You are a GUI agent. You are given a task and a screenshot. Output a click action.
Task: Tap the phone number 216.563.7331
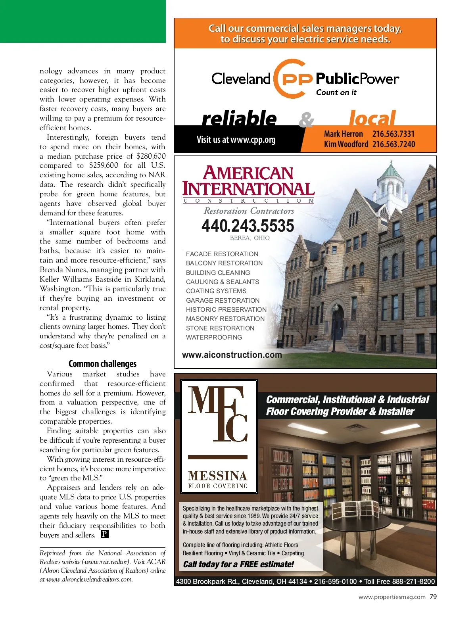point(393,134)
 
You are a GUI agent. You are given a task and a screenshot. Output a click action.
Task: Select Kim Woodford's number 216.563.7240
point(393,144)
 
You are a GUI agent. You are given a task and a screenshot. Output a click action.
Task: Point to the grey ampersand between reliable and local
point(306,119)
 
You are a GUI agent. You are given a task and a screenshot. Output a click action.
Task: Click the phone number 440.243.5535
point(248,226)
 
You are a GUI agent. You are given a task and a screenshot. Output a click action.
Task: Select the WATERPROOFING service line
point(214,337)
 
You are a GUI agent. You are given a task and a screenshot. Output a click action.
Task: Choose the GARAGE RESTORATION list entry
point(223,300)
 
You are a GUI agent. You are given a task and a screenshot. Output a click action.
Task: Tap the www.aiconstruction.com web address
point(232,355)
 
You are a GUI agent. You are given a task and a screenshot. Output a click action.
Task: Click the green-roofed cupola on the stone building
point(391,180)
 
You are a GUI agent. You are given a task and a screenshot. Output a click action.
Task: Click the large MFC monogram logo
point(218,415)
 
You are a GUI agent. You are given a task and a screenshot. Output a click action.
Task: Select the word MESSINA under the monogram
point(218,475)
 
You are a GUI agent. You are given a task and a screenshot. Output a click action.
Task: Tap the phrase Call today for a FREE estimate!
point(238,564)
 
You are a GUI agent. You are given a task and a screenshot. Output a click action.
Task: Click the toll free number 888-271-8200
point(413,582)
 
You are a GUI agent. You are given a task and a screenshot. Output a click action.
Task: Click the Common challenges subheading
point(102,363)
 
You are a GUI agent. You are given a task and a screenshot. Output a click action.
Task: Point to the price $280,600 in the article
point(151,156)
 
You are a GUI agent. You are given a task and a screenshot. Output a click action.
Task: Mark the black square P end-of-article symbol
point(104,534)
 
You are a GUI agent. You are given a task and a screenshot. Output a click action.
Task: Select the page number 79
point(433,597)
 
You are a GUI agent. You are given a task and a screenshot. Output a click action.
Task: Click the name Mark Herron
point(343,134)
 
